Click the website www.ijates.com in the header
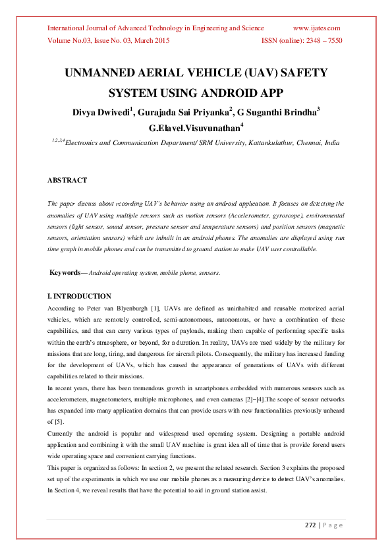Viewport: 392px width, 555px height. (x=316, y=28)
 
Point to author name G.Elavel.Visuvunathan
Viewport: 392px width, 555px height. (x=195, y=128)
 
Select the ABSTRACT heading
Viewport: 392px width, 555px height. (x=67, y=180)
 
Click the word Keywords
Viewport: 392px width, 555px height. (x=65, y=272)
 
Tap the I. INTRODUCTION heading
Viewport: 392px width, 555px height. (x=79, y=297)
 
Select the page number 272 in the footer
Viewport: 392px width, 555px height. (x=310, y=525)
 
